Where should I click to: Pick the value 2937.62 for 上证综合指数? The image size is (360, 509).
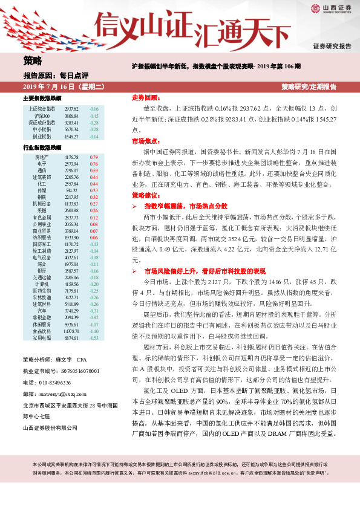point(71,109)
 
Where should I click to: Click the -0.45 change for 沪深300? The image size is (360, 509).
point(94,115)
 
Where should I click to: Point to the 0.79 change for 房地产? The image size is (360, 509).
point(94,157)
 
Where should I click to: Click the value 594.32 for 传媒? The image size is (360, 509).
point(71,190)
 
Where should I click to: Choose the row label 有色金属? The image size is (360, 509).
point(41,217)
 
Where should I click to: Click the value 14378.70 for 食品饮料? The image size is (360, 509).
point(71,331)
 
